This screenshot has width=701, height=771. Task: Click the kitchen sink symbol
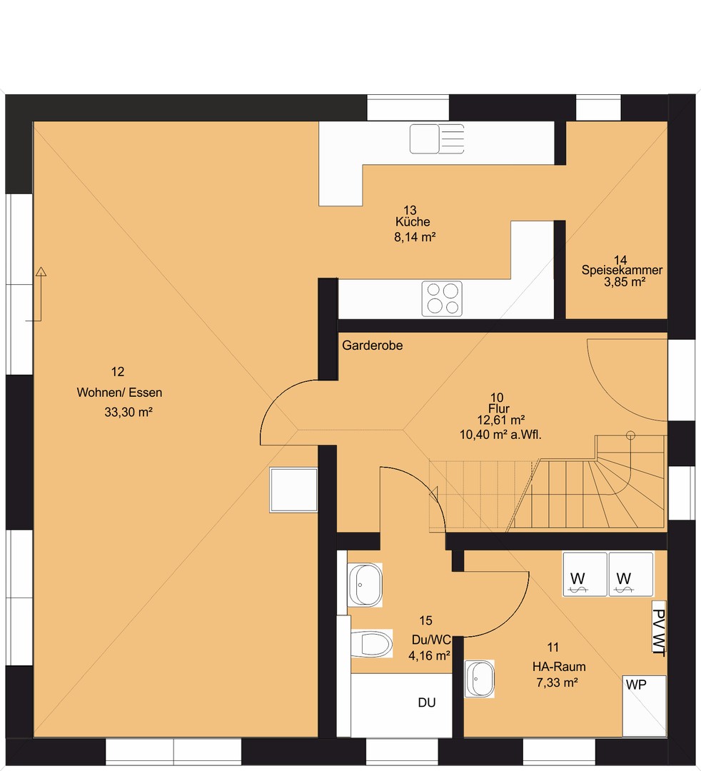pyautogui.click(x=437, y=139)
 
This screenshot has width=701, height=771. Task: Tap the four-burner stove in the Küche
pyautogui.click(x=442, y=298)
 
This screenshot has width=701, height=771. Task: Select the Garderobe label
pyautogui.click(x=372, y=346)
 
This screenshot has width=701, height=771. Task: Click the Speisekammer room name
pyautogui.click(x=622, y=270)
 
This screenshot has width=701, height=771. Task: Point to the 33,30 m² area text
pyautogui.click(x=128, y=412)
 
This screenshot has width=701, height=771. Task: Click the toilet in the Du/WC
pyautogui.click(x=371, y=643)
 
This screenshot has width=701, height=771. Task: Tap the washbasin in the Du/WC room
pyautogui.click(x=365, y=585)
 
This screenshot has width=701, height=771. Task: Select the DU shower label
pyautogui.click(x=427, y=702)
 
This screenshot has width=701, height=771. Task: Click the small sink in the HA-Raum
pyautogui.click(x=479, y=679)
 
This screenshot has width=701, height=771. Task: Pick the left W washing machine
pyautogui.click(x=585, y=574)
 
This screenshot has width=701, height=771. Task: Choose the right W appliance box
pyautogui.click(x=631, y=574)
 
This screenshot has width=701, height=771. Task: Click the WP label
pyautogui.click(x=636, y=685)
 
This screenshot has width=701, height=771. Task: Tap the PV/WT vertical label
pyautogui.click(x=659, y=633)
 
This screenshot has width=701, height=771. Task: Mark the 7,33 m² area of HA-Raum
pyautogui.click(x=557, y=682)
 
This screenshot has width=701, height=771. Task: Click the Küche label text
pyautogui.click(x=413, y=222)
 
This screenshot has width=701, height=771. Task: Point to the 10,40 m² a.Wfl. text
pyautogui.click(x=500, y=435)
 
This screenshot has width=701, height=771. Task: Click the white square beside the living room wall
pyautogui.click(x=293, y=490)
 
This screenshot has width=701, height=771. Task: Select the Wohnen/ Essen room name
pyautogui.click(x=119, y=393)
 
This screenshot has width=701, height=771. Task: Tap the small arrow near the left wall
pyautogui.click(x=39, y=294)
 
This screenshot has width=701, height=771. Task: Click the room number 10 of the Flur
pyautogui.click(x=497, y=398)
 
